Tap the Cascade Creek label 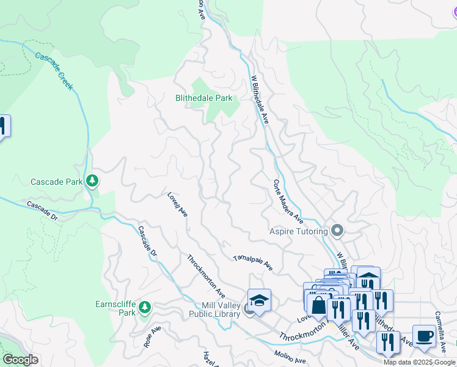tap(54, 71)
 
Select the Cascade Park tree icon tap(92, 180)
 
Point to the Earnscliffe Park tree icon tap(144, 307)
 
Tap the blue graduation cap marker tap(259, 300)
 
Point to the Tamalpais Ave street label tap(252, 264)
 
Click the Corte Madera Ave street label tap(288, 201)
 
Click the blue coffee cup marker tap(424, 335)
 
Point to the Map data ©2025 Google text tap(419, 362)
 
